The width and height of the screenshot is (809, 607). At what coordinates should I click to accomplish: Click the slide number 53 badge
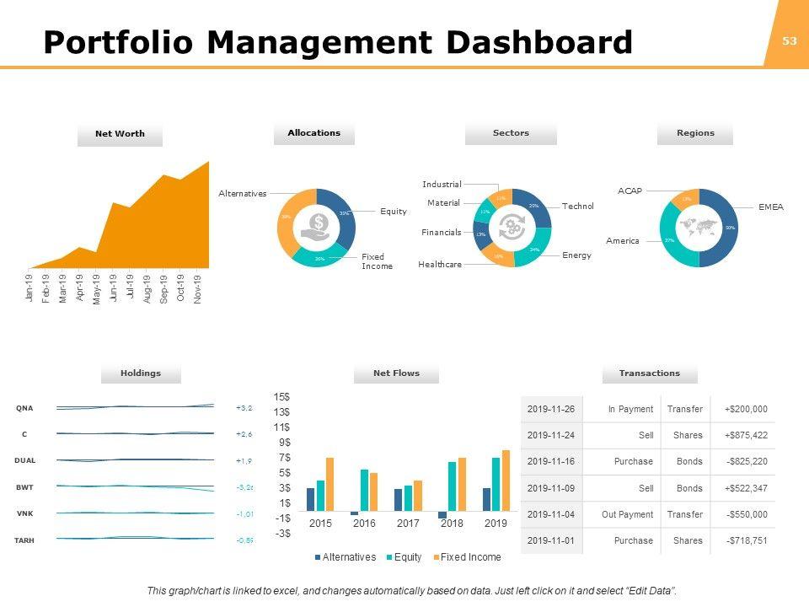pos(790,40)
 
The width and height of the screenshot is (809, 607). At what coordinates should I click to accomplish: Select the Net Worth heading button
pos(120,134)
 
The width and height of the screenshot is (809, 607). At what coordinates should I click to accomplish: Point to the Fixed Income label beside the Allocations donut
pos(377,261)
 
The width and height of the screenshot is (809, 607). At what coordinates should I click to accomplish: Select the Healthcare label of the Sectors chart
pos(440,265)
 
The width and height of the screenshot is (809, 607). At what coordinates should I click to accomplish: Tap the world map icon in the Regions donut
pos(699,227)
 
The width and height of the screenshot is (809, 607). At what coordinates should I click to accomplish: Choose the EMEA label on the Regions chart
pos(770,207)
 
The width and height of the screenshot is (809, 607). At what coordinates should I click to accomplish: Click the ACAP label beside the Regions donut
pos(630,191)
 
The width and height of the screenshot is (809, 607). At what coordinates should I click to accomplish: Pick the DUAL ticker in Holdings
pos(24,460)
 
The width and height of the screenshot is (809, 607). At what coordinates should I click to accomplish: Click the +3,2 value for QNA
pos(244,408)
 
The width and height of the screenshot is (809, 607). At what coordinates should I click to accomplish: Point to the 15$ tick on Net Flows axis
pos(281,396)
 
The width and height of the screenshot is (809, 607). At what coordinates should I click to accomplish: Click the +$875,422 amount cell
pos(746,435)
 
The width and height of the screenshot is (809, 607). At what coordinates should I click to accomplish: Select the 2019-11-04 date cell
pos(550,514)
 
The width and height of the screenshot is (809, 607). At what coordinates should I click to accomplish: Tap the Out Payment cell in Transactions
pos(630,514)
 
